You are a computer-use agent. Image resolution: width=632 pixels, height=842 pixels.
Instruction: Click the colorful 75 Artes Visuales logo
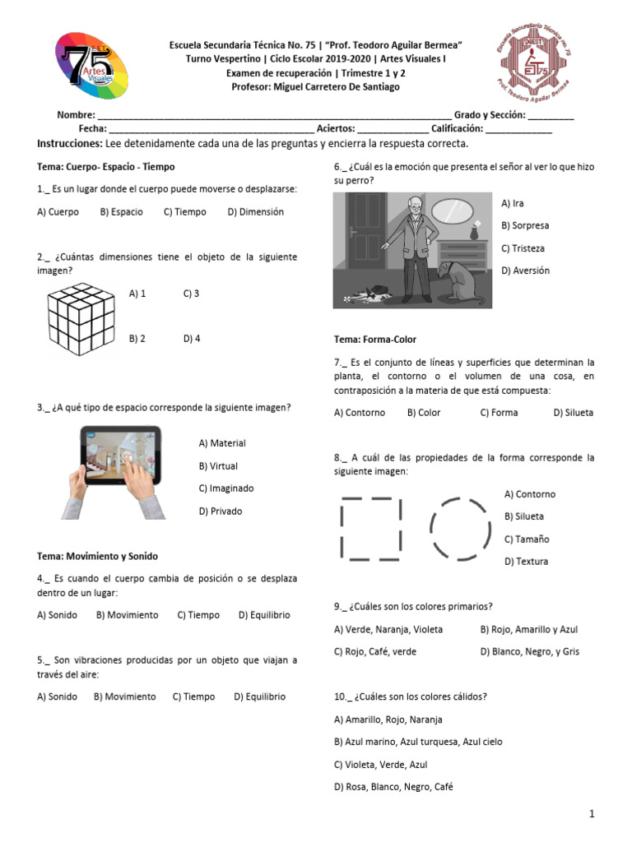point(91,65)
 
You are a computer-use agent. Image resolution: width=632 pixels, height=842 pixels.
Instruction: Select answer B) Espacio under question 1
point(121,211)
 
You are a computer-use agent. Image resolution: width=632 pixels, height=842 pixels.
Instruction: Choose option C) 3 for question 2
point(191,293)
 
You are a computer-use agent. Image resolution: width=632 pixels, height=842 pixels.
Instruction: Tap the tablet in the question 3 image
point(121,456)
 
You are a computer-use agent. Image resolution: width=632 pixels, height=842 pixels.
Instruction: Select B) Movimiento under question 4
point(127,614)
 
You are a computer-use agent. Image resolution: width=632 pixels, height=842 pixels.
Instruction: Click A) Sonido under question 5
point(57,696)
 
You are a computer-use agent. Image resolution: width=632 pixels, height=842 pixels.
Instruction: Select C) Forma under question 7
point(499,413)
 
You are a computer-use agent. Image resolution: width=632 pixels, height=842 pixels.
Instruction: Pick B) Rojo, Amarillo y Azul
point(529,629)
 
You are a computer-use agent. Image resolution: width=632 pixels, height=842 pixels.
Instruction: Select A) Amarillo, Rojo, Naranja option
point(388,719)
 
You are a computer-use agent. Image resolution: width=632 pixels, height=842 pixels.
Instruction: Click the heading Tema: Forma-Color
point(375,339)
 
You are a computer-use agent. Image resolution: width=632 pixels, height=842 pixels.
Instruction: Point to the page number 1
point(591,813)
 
